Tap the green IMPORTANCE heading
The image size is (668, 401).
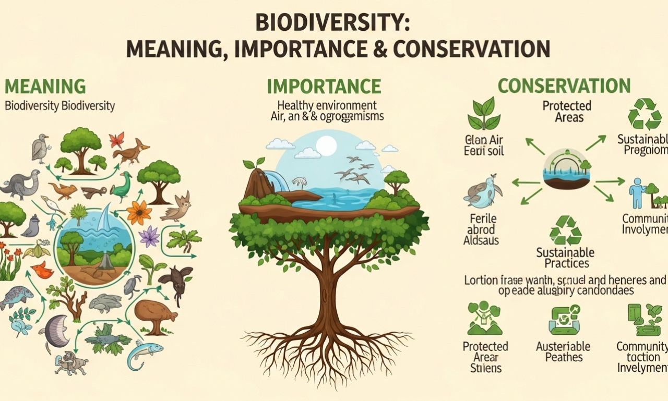tap(324, 86)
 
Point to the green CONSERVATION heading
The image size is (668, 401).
tap(564, 86)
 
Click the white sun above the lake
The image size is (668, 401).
tap(326, 145)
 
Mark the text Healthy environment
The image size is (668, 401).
tap(327, 105)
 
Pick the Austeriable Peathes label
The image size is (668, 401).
tap(563, 351)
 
